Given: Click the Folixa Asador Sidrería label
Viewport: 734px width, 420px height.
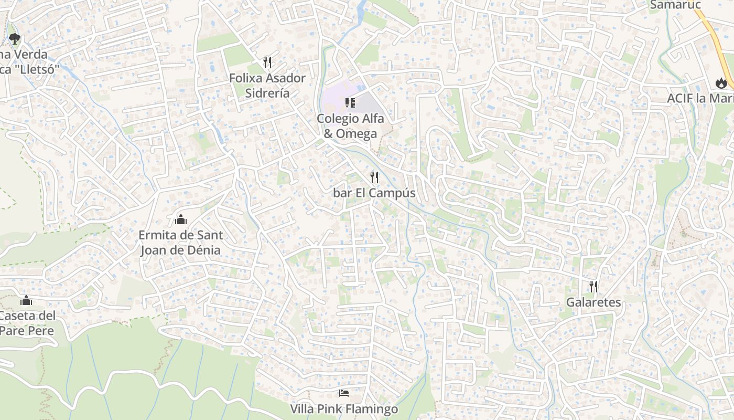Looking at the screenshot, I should (267, 86).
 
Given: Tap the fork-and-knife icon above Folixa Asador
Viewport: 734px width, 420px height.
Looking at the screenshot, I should (267, 62).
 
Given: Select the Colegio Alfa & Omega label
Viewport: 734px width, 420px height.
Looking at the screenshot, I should (350, 126).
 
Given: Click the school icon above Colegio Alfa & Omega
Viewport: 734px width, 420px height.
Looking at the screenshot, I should (350, 102).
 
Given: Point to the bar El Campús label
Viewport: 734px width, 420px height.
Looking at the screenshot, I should (374, 193).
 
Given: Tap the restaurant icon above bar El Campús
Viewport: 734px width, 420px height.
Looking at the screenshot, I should (374, 177).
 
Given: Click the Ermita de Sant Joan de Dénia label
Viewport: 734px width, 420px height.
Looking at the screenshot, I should (180, 243).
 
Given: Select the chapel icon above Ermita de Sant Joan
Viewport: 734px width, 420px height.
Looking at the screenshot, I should (181, 219).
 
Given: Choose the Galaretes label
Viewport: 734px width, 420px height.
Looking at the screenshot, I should (593, 302).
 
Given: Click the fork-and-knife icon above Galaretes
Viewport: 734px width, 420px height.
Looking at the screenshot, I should (593, 286).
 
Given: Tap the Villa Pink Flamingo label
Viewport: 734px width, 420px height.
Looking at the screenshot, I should (344, 409).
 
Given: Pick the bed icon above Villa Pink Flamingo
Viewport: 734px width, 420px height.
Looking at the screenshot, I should (344, 393).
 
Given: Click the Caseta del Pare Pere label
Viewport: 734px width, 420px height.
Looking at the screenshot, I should (27, 323).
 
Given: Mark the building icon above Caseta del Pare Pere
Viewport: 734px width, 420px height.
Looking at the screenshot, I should (26, 300).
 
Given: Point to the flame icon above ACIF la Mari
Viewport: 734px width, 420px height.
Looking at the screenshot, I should (721, 82).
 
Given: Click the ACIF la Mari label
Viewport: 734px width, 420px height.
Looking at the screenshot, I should (700, 99).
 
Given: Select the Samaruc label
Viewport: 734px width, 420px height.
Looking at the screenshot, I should (675, 5).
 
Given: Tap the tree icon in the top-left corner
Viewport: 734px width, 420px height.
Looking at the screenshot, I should (14, 38).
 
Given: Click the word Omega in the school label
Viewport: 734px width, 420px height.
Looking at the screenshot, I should (357, 134).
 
